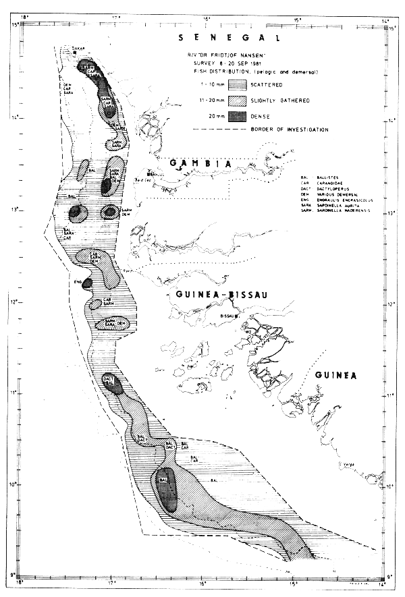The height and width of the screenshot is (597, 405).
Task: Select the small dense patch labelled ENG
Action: [86, 284]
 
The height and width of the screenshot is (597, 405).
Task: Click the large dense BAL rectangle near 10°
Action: [165, 488]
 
